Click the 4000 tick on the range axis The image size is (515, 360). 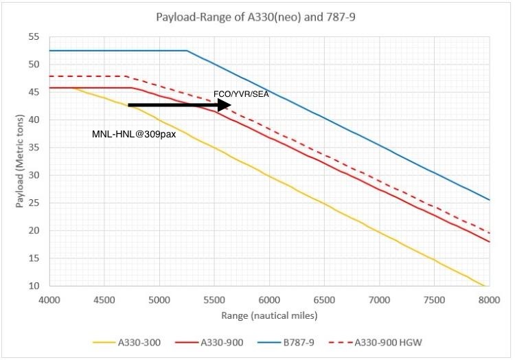[x=49, y=300]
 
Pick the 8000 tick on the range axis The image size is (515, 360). [x=488, y=300]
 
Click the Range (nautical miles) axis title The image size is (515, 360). [x=268, y=315]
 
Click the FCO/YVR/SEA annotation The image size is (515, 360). [x=241, y=94]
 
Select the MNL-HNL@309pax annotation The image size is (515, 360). [x=135, y=134]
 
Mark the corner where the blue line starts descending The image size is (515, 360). [x=187, y=50]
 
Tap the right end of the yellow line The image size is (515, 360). [x=485, y=286]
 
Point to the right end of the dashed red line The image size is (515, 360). [x=488, y=233]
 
